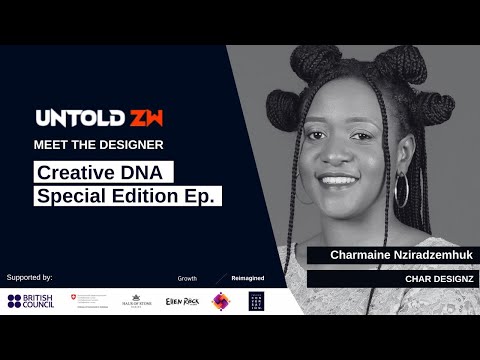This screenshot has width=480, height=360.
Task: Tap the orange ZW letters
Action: [145, 118]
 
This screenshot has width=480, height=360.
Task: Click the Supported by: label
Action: [29, 276]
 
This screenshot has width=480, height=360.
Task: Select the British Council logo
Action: [30, 300]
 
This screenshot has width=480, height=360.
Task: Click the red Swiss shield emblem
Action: [73, 298]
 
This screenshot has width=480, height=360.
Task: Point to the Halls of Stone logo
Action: [136, 300]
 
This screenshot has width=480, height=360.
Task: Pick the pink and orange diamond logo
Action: [220, 300]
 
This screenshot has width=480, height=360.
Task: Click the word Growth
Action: [187, 277]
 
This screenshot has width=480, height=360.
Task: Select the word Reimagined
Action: [247, 277]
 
